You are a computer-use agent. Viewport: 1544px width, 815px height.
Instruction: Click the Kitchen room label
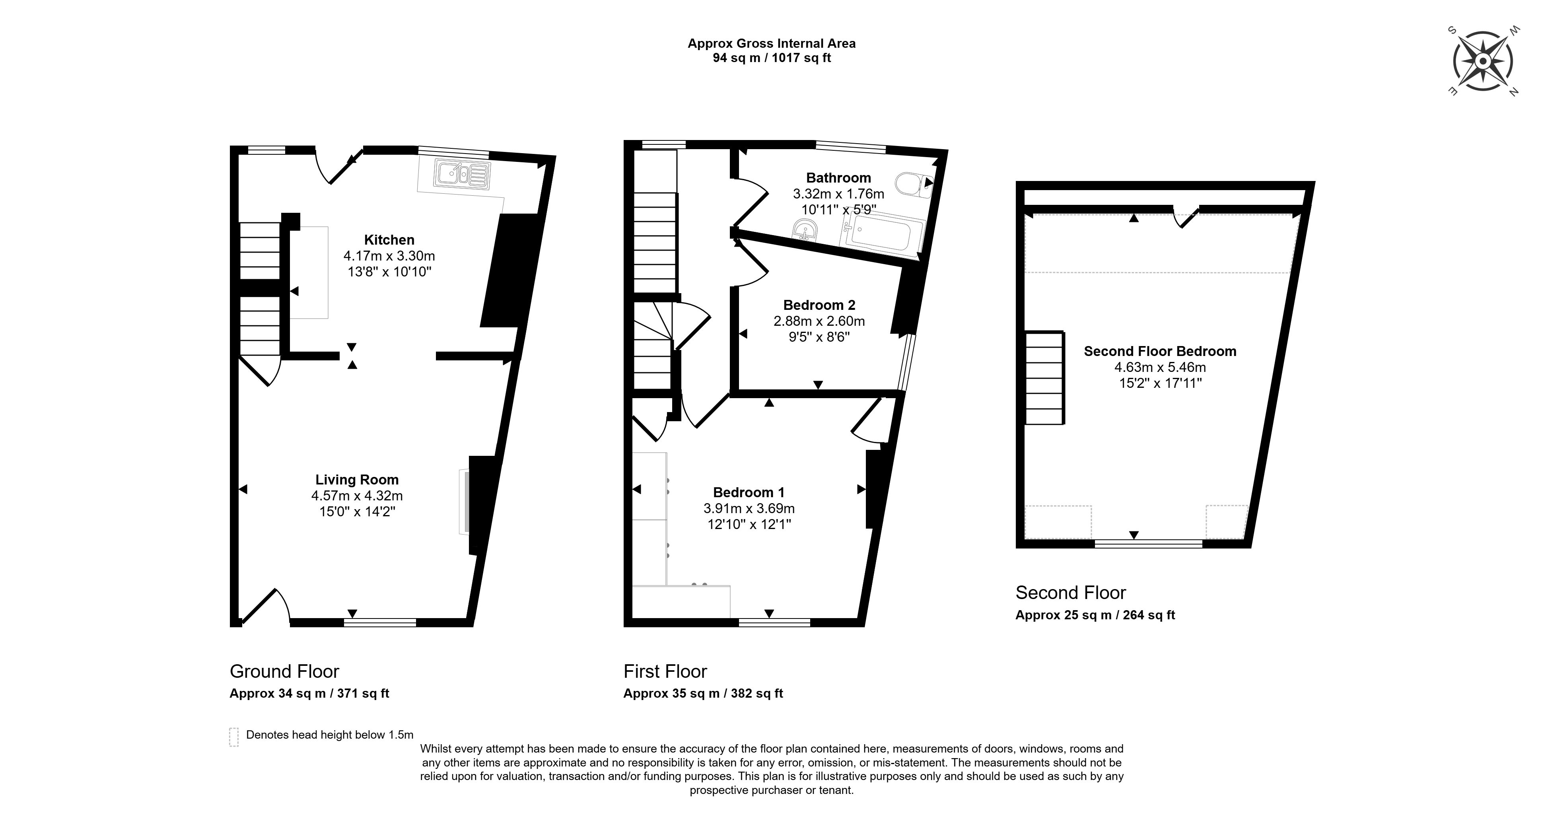(x=389, y=240)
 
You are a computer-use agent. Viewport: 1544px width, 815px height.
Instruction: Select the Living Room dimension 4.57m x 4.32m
(x=357, y=496)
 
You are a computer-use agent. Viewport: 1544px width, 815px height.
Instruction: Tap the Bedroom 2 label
(x=819, y=305)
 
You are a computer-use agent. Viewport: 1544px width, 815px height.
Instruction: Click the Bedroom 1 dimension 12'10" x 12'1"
(x=749, y=524)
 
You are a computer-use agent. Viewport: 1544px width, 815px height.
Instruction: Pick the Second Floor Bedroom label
(x=1159, y=351)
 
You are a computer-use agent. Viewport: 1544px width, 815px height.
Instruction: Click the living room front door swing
(x=267, y=605)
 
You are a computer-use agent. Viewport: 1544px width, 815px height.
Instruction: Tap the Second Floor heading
(x=1070, y=593)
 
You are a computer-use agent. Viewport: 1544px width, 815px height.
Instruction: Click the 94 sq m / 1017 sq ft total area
(x=771, y=58)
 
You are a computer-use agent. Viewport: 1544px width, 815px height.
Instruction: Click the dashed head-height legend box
(x=234, y=737)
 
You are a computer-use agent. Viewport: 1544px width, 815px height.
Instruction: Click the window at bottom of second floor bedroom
(x=1148, y=544)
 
